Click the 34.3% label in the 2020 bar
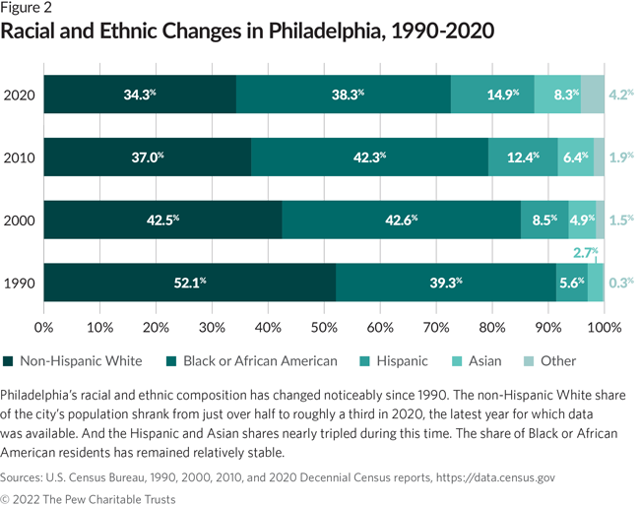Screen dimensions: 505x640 click(140, 95)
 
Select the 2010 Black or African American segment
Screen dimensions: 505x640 click(369, 157)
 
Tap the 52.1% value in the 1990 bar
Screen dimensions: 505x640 click(188, 283)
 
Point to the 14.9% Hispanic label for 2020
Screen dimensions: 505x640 click(502, 95)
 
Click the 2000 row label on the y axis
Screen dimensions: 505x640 click(19, 220)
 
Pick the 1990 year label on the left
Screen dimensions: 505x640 click(19, 283)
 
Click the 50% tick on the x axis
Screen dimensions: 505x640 click(323, 326)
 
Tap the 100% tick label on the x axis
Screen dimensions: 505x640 click(602, 326)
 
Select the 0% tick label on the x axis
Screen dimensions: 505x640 click(43, 326)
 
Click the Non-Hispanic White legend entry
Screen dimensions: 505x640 click(74, 361)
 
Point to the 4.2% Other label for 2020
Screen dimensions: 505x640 click(619, 95)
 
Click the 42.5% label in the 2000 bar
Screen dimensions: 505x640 click(163, 220)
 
